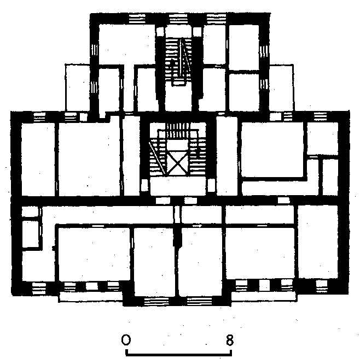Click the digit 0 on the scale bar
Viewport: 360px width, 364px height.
click(126, 340)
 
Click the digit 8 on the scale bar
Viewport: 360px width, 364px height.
click(229, 340)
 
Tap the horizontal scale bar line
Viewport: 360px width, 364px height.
click(178, 355)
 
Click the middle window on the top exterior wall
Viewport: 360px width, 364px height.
click(178, 19)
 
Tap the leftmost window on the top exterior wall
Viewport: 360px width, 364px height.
click(137, 19)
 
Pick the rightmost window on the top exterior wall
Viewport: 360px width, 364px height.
click(216, 19)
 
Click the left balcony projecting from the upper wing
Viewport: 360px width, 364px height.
click(77, 87)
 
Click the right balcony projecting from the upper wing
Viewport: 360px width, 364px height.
click(281, 88)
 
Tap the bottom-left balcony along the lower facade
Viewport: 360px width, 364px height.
click(91, 297)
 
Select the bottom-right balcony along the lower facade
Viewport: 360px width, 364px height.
click(264, 296)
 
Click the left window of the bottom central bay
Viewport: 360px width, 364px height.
click(156, 301)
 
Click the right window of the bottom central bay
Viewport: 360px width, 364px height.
click(199, 301)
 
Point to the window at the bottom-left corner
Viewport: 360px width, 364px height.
click(39, 288)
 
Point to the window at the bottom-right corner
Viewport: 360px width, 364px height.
click(322, 286)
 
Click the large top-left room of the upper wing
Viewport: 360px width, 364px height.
click(127, 44)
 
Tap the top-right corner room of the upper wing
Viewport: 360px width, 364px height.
click(244, 47)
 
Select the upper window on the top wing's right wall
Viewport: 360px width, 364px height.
click(264, 52)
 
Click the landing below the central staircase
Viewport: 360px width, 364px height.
click(178, 187)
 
